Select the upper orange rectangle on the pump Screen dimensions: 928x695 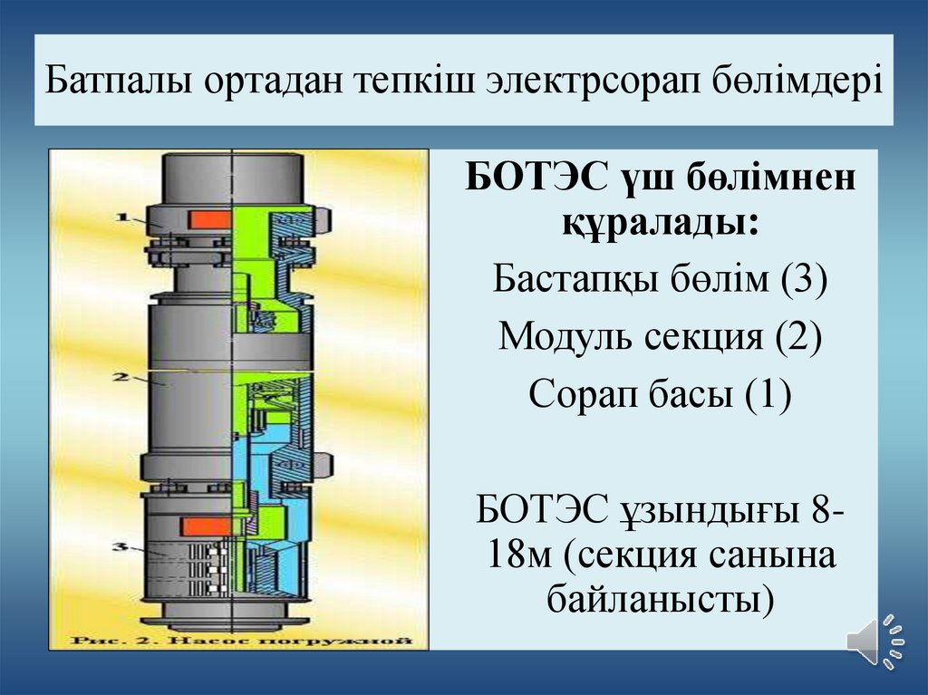pyautogui.click(x=208, y=218)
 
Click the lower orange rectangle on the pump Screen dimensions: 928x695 pyautogui.click(x=205, y=525)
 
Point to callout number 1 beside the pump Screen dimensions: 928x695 pyautogui.click(x=125, y=217)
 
